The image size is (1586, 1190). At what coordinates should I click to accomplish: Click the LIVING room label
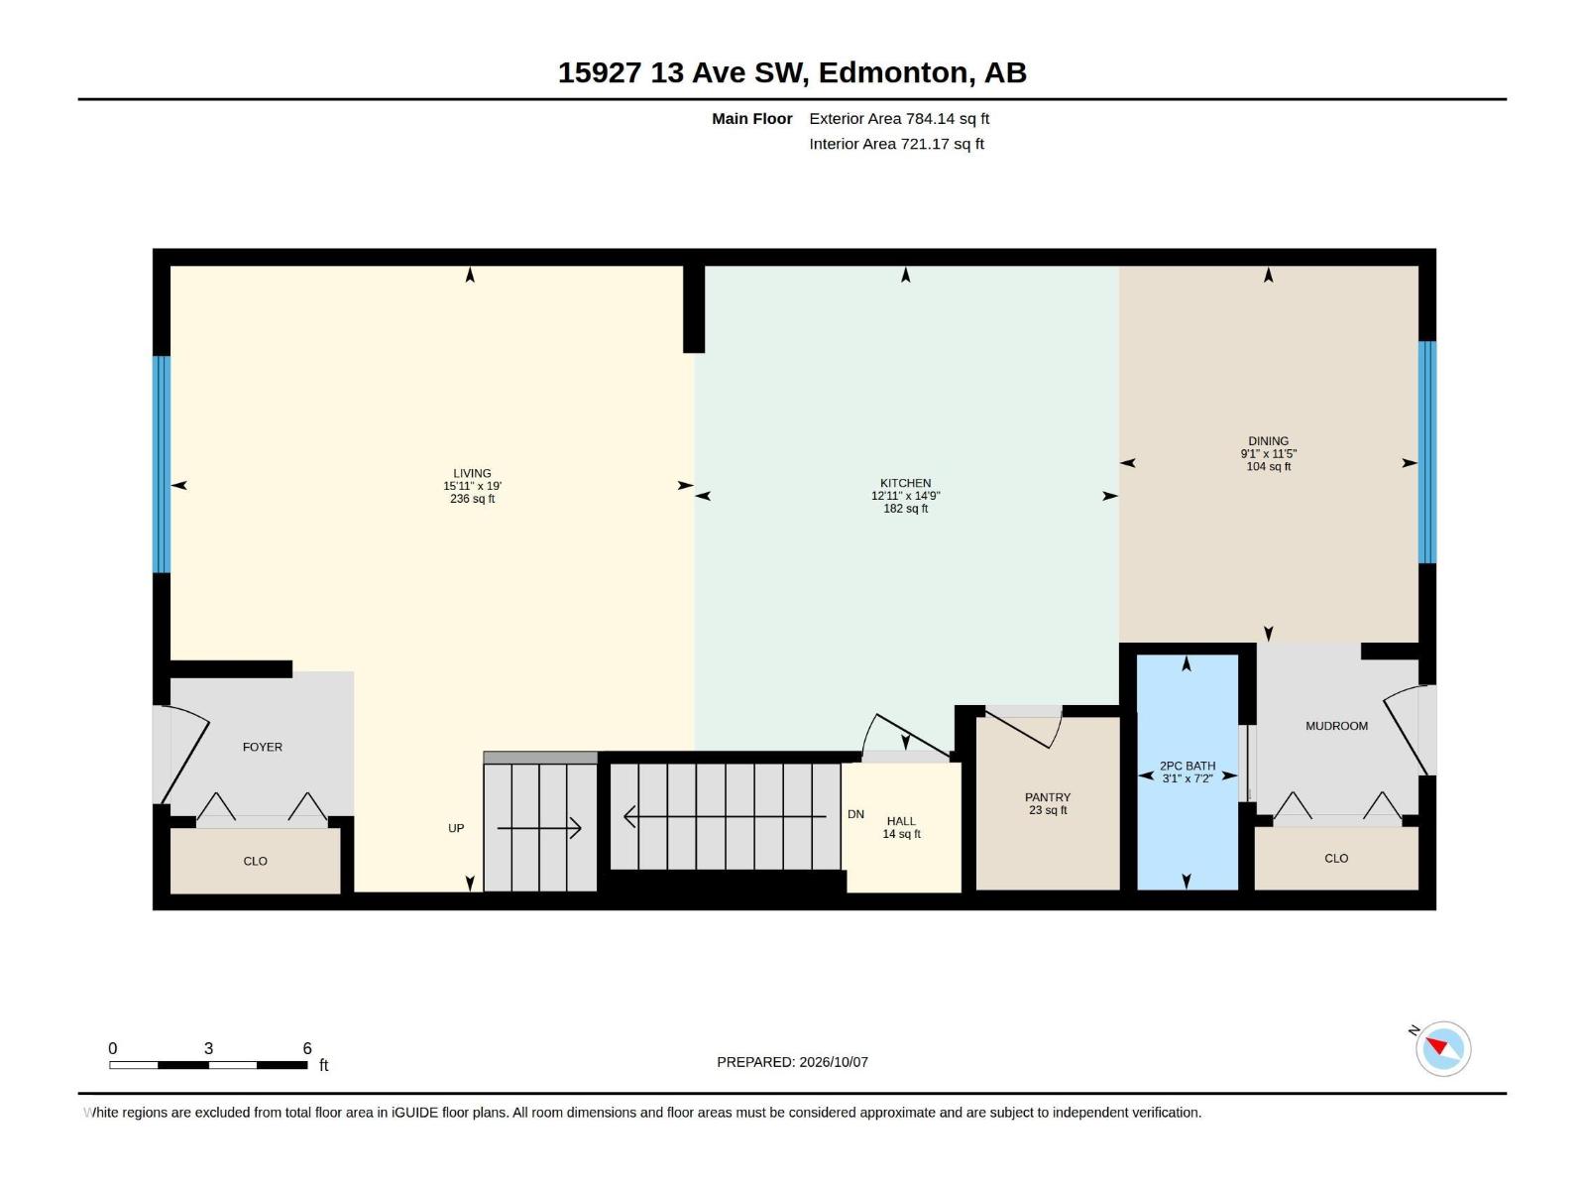(x=472, y=473)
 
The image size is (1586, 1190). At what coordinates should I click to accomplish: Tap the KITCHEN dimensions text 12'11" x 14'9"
(x=905, y=496)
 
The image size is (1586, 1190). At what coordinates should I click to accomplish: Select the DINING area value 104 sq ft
(x=1268, y=467)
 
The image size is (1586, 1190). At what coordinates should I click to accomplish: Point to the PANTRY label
(x=1047, y=797)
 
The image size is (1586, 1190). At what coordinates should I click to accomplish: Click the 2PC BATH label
(x=1188, y=766)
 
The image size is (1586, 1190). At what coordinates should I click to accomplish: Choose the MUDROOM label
(x=1336, y=726)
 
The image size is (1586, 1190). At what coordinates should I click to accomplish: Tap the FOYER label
(x=263, y=747)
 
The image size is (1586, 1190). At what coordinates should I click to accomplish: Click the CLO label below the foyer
(x=255, y=861)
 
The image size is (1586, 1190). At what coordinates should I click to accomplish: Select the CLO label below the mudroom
(x=1336, y=859)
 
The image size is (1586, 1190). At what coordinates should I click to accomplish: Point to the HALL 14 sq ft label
(x=901, y=827)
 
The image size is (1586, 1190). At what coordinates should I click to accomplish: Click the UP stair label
(x=456, y=828)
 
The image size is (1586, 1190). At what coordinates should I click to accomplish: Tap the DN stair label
(x=855, y=814)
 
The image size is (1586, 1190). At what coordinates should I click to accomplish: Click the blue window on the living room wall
(x=162, y=464)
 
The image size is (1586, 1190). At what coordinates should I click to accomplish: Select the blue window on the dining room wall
(x=1426, y=452)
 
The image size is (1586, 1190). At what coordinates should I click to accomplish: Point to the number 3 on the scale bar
(x=208, y=1048)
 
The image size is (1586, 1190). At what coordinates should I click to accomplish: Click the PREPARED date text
(x=792, y=1062)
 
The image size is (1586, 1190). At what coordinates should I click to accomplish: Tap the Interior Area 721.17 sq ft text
(x=896, y=144)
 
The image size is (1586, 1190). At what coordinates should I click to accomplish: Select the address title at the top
(x=792, y=72)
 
